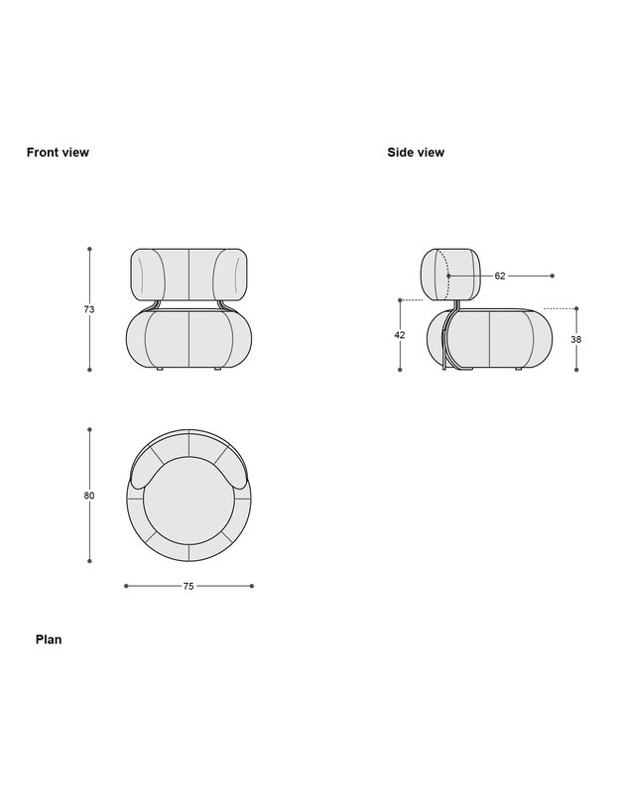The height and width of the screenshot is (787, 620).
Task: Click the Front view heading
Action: [x=58, y=153]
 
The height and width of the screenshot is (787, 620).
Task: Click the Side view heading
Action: [x=416, y=153]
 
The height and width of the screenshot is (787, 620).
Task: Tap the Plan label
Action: [x=49, y=639]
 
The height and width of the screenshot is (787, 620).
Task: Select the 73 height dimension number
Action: [x=89, y=310]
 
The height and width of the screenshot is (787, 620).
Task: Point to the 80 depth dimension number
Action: [x=89, y=496]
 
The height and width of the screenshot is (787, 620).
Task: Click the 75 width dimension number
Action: [x=188, y=586]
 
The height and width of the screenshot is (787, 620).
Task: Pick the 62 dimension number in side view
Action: [x=500, y=276]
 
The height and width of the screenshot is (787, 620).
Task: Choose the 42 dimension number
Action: [x=400, y=335]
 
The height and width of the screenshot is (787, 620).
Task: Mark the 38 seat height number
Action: [x=576, y=339]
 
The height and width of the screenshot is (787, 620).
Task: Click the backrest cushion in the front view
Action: [x=188, y=274]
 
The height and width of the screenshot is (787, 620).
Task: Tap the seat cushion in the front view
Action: [x=188, y=339]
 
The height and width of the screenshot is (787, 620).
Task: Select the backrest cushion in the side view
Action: [x=451, y=275]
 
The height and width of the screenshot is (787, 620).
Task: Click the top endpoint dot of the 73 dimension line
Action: [x=89, y=249]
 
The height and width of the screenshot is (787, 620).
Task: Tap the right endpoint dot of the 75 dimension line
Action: [x=252, y=586]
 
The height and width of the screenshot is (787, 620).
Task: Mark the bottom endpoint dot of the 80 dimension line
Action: [x=89, y=561]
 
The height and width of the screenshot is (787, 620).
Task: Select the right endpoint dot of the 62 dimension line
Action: [x=553, y=276]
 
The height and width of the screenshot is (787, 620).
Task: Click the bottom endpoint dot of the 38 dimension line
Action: [x=576, y=370]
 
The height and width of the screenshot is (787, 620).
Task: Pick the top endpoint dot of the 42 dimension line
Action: [x=400, y=299]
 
